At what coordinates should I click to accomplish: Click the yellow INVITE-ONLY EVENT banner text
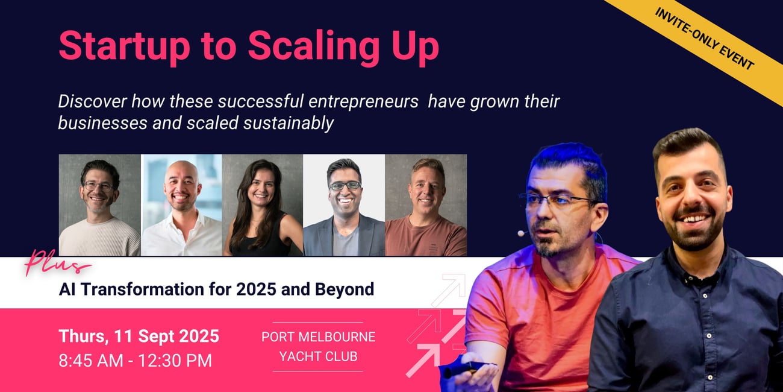coord(704,39)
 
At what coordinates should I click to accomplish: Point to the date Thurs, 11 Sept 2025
coord(139,337)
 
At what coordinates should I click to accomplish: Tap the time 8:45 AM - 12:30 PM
coord(136,361)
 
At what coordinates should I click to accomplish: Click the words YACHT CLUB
coord(319,356)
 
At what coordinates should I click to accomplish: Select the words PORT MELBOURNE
coord(319,337)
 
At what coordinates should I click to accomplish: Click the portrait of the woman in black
coord(263,205)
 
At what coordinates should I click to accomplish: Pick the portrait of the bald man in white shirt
coord(181,205)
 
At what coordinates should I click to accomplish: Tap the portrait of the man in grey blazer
coord(344,205)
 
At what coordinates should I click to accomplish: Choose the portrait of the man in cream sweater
coord(99,205)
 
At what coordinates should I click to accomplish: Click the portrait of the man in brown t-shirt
coord(426,205)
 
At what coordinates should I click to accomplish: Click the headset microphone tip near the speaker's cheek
coord(521,233)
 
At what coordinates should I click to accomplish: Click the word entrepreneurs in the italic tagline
coord(364,102)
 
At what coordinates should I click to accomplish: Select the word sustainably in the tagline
coord(289,124)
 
